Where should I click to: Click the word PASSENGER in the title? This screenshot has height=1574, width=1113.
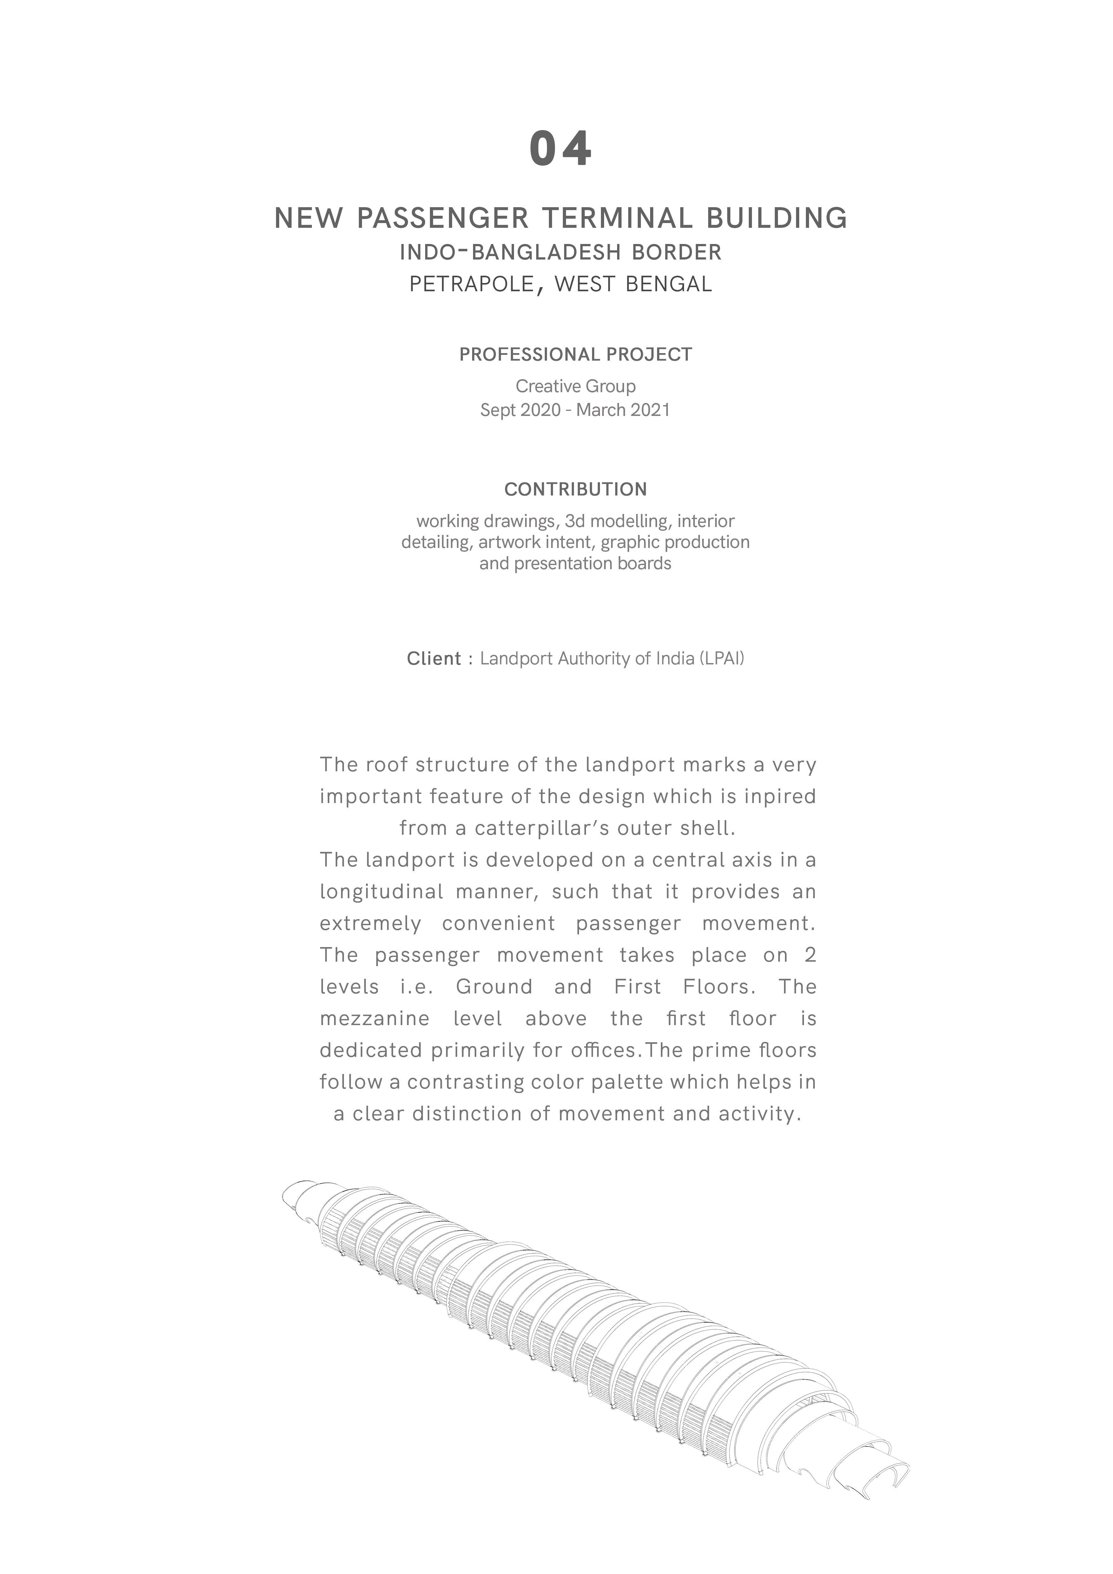tap(443, 219)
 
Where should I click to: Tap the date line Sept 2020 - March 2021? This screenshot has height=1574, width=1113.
tap(575, 410)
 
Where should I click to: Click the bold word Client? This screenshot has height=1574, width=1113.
tap(434, 659)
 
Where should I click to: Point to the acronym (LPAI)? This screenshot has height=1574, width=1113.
tap(722, 659)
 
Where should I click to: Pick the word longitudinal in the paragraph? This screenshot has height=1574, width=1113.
tap(382, 892)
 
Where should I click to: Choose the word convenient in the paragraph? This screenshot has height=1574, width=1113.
tap(498, 923)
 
